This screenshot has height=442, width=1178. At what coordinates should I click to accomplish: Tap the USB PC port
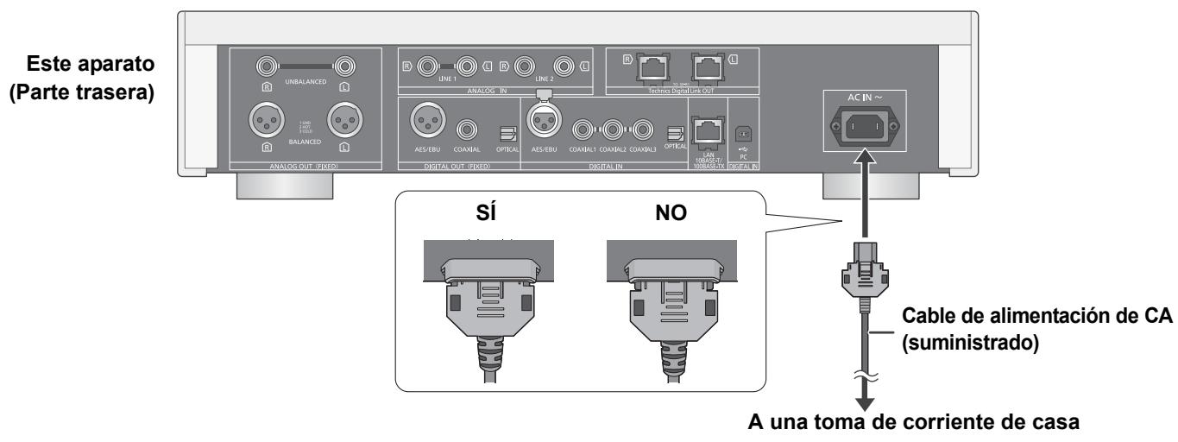pyautogui.click(x=742, y=133)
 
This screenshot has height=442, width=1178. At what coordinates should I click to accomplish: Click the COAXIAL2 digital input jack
pyautogui.click(x=614, y=131)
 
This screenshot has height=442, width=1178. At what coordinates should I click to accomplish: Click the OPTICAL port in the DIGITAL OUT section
pyautogui.click(x=505, y=132)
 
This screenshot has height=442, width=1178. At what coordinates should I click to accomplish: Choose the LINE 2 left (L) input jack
pyautogui.click(x=564, y=65)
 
